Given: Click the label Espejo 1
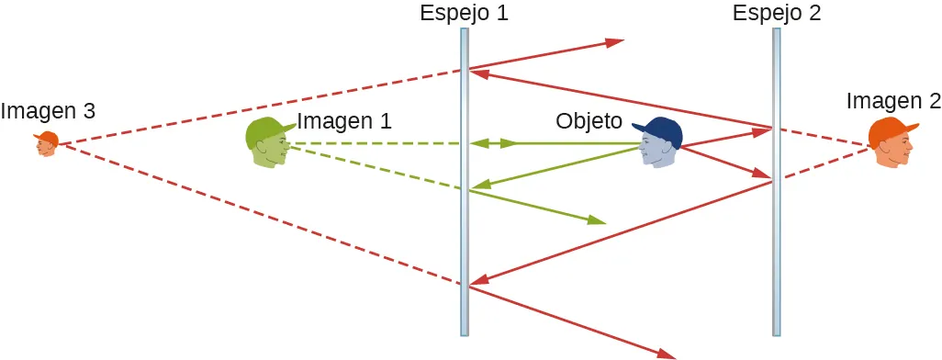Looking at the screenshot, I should tap(464, 13).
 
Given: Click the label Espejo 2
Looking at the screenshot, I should tap(777, 13).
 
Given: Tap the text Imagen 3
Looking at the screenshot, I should tap(48, 111).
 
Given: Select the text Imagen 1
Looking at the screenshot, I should tap(344, 120).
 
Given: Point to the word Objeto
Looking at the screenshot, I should tap(589, 120).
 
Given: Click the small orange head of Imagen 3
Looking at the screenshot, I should tap(47, 143).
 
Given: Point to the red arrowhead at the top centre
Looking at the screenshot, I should tap(614, 42).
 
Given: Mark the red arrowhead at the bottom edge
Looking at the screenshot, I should tap(665, 353).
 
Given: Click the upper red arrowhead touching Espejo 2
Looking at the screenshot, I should tap(761, 131).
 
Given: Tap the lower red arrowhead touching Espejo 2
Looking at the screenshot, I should tap(761, 174).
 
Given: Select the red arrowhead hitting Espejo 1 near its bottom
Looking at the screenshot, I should tap(477, 281).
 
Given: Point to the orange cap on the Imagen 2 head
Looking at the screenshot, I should tap(891, 128).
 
